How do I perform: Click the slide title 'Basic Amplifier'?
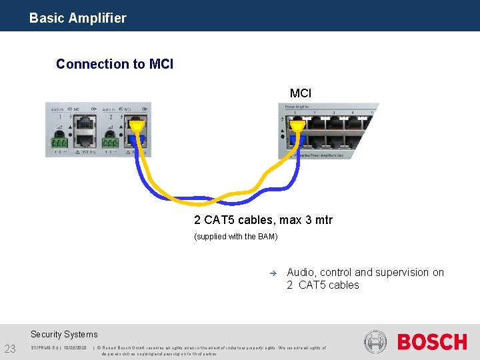tap(77, 18)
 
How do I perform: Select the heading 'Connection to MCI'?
tap(115, 64)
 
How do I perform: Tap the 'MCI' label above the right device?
tap(300, 93)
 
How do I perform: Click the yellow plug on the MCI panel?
tap(297, 123)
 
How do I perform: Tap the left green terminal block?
tap(60, 143)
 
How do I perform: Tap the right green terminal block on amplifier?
tap(111, 143)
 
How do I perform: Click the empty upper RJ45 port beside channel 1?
tap(85, 123)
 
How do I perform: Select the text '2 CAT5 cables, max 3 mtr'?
tap(263, 220)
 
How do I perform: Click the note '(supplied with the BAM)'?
tap(235, 237)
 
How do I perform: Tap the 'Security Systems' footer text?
tap(64, 335)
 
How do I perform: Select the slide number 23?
tap(10, 349)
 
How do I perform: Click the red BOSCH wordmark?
tap(432, 343)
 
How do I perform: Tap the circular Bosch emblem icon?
tap(375, 342)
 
